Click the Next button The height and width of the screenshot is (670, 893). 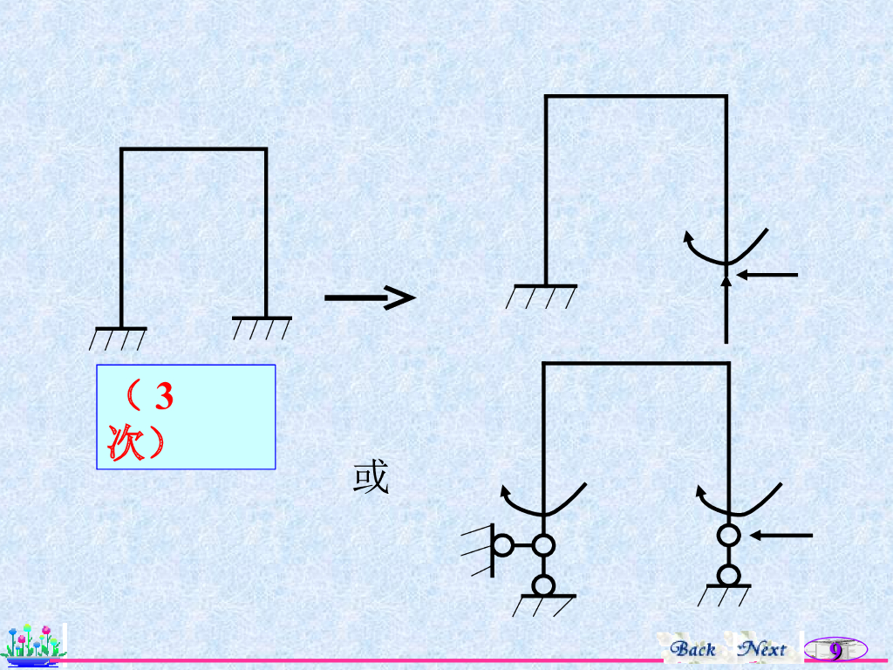click(761, 649)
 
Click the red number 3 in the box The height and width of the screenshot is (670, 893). click(163, 398)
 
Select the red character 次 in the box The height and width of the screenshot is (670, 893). click(119, 442)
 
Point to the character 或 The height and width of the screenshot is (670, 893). click(371, 479)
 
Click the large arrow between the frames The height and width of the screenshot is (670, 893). click(368, 298)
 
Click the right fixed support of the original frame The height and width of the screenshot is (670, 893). click(263, 326)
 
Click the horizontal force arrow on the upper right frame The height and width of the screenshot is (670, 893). click(767, 275)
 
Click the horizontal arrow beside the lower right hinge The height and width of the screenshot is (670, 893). click(782, 535)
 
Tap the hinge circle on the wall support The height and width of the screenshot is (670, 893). click(503, 546)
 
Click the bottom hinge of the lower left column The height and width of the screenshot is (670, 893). click(543, 585)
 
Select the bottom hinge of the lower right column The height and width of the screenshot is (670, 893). click(729, 576)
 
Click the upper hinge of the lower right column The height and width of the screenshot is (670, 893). click(729, 534)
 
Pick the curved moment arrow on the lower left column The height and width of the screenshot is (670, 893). click(541, 502)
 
